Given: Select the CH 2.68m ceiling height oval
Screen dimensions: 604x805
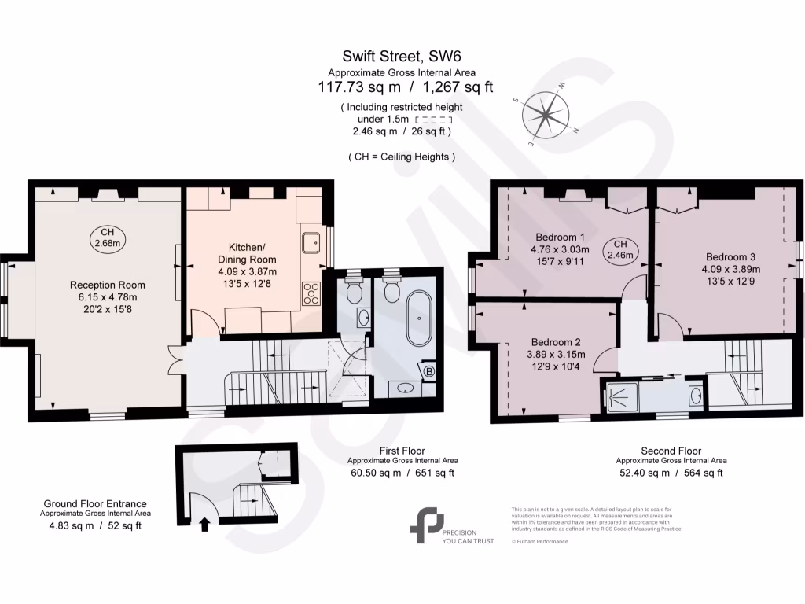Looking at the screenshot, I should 108,238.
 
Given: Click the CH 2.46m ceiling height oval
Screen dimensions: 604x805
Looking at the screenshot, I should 620,250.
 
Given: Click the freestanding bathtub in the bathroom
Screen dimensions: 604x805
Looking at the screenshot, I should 418,319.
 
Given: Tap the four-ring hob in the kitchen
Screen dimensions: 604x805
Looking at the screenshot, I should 311,292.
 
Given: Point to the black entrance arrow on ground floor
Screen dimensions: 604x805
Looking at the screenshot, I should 206,523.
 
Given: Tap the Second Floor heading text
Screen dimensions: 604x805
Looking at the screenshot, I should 671,451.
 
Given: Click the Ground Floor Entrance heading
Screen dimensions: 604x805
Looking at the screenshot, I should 94,504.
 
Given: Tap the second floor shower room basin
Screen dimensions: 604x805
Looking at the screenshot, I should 694,394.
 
